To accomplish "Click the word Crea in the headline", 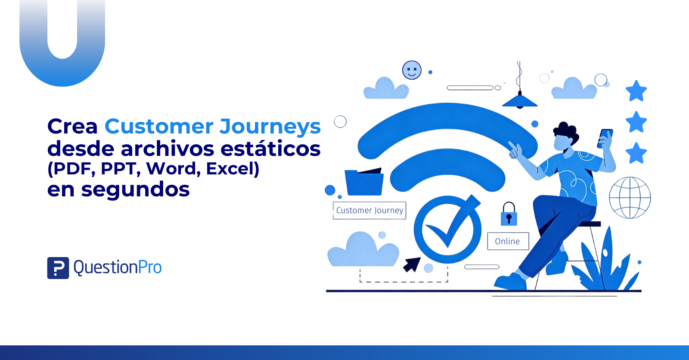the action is point(72,127).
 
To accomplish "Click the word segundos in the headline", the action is point(135,190).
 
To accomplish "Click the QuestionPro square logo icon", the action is point(58,268).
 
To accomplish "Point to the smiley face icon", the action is point(412,70).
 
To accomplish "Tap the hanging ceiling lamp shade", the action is point(519,101).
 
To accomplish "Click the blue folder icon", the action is point(364,182).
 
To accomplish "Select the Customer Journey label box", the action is point(369,211).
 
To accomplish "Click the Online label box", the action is point(508,241).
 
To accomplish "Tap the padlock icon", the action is point(509,214).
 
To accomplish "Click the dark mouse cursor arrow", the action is point(412,264).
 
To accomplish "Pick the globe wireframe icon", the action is point(630,198).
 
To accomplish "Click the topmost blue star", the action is point(636,91).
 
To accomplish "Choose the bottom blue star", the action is point(636,153).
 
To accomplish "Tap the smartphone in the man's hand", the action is point(605,139).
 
